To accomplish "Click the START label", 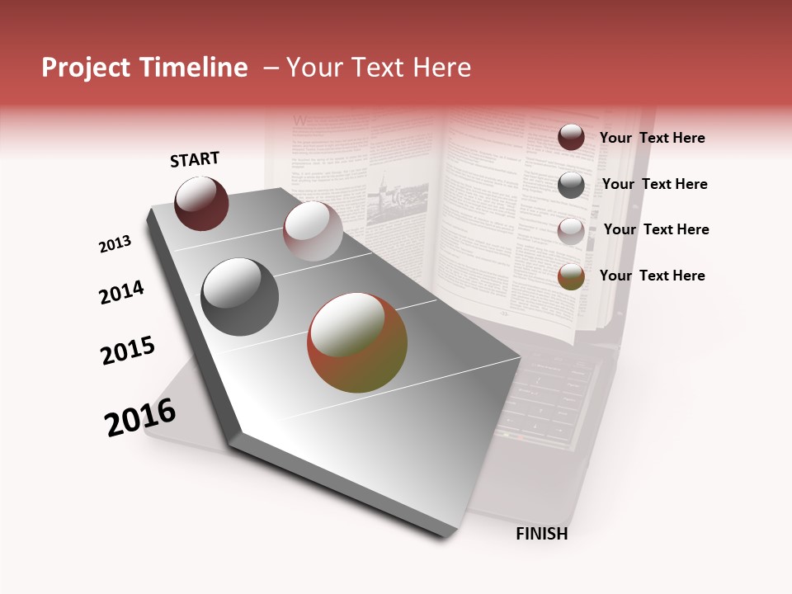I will pos(195,159).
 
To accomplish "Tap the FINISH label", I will pos(542,534).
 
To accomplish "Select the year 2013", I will pos(115,244).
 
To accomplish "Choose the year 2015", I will pos(128,351).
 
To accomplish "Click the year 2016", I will pos(140,417).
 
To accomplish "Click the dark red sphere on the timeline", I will pos(201,204).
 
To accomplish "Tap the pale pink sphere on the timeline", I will pos(313,231).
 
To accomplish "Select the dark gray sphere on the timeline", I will pos(239,297).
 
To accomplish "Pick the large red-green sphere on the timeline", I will pos(357,342).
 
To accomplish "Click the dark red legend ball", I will pos(571,137).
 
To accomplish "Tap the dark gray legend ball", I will pos(571,185).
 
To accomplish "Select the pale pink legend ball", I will pos(571,231).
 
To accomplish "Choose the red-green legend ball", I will pos(571,276).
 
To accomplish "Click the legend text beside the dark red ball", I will pos(652,138).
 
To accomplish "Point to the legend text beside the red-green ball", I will pos(652,276).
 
